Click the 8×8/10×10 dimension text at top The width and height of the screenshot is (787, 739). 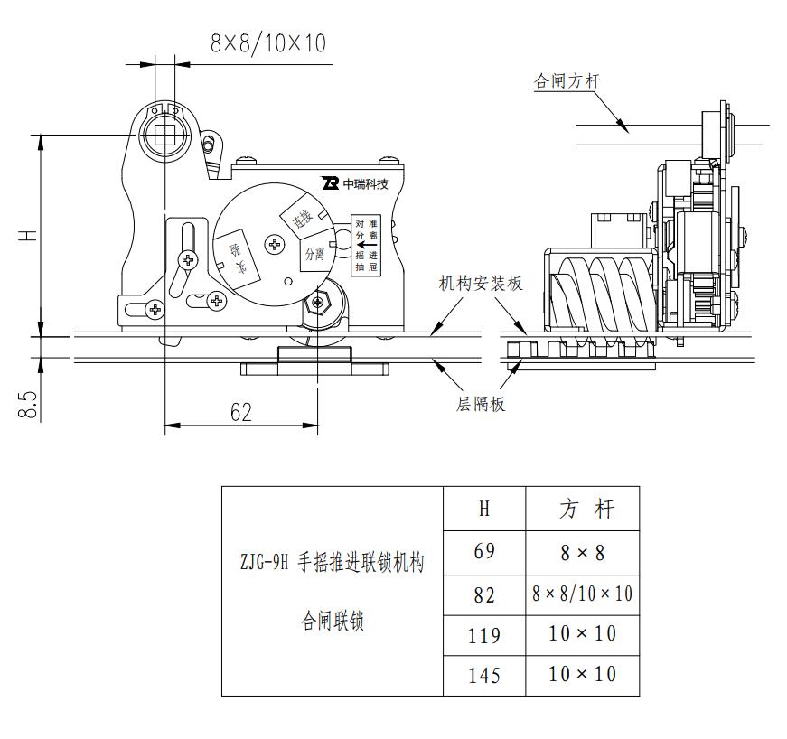[x=267, y=42]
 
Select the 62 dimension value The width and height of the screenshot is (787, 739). [x=240, y=412]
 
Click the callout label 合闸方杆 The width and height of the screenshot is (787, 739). [x=567, y=81]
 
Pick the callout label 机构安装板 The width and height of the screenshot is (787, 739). [x=481, y=284]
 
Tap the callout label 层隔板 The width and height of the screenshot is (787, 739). [x=480, y=404]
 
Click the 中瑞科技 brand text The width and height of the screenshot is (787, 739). [x=365, y=184]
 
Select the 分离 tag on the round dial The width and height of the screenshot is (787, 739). [x=314, y=254]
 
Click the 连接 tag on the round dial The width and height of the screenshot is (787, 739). [x=297, y=218]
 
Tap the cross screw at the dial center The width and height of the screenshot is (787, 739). [x=275, y=243]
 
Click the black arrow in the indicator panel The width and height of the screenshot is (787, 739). [x=369, y=243]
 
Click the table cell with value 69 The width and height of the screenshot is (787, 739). [x=484, y=550]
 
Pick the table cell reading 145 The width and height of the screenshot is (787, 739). [x=484, y=674]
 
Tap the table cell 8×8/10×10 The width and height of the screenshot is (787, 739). [x=582, y=594]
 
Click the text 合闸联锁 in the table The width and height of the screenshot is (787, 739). [x=333, y=622]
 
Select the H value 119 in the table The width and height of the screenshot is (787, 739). [x=484, y=634]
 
